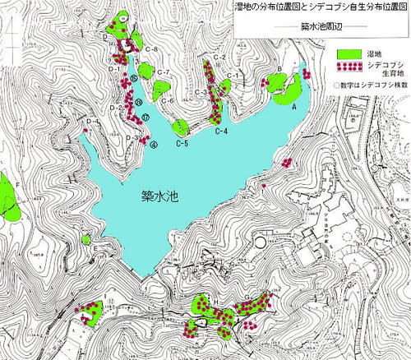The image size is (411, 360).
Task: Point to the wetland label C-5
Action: tap(182, 145)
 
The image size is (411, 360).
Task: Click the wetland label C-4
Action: tap(221, 132)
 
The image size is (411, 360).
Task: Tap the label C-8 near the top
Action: tap(151, 51)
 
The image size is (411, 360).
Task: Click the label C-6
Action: tap(168, 100)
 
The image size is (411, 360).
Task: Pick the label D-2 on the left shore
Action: tap(116, 108)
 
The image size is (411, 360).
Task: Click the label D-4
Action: tap(92, 122)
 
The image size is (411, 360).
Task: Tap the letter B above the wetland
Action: tap(280, 69)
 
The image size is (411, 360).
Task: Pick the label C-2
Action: tap(219, 56)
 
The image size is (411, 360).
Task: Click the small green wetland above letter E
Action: tap(86, 240)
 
